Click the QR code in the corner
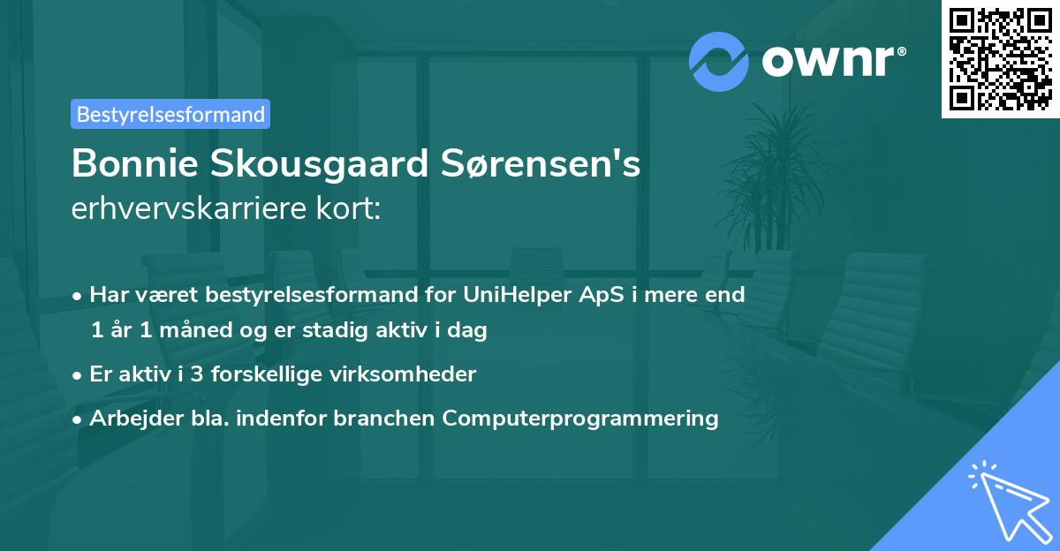tap(1001, 59)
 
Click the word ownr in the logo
tap(829, 62)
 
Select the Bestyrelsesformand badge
tap(170, 114)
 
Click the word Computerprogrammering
tap(580, 418)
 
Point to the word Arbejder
tap(131, 418)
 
